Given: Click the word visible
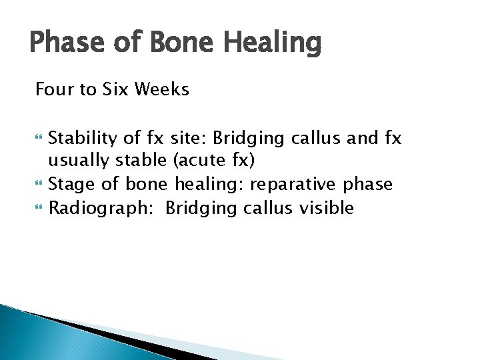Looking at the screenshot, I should click(x=325, y=208).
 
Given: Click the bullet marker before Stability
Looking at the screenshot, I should click(x=39, y=139).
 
